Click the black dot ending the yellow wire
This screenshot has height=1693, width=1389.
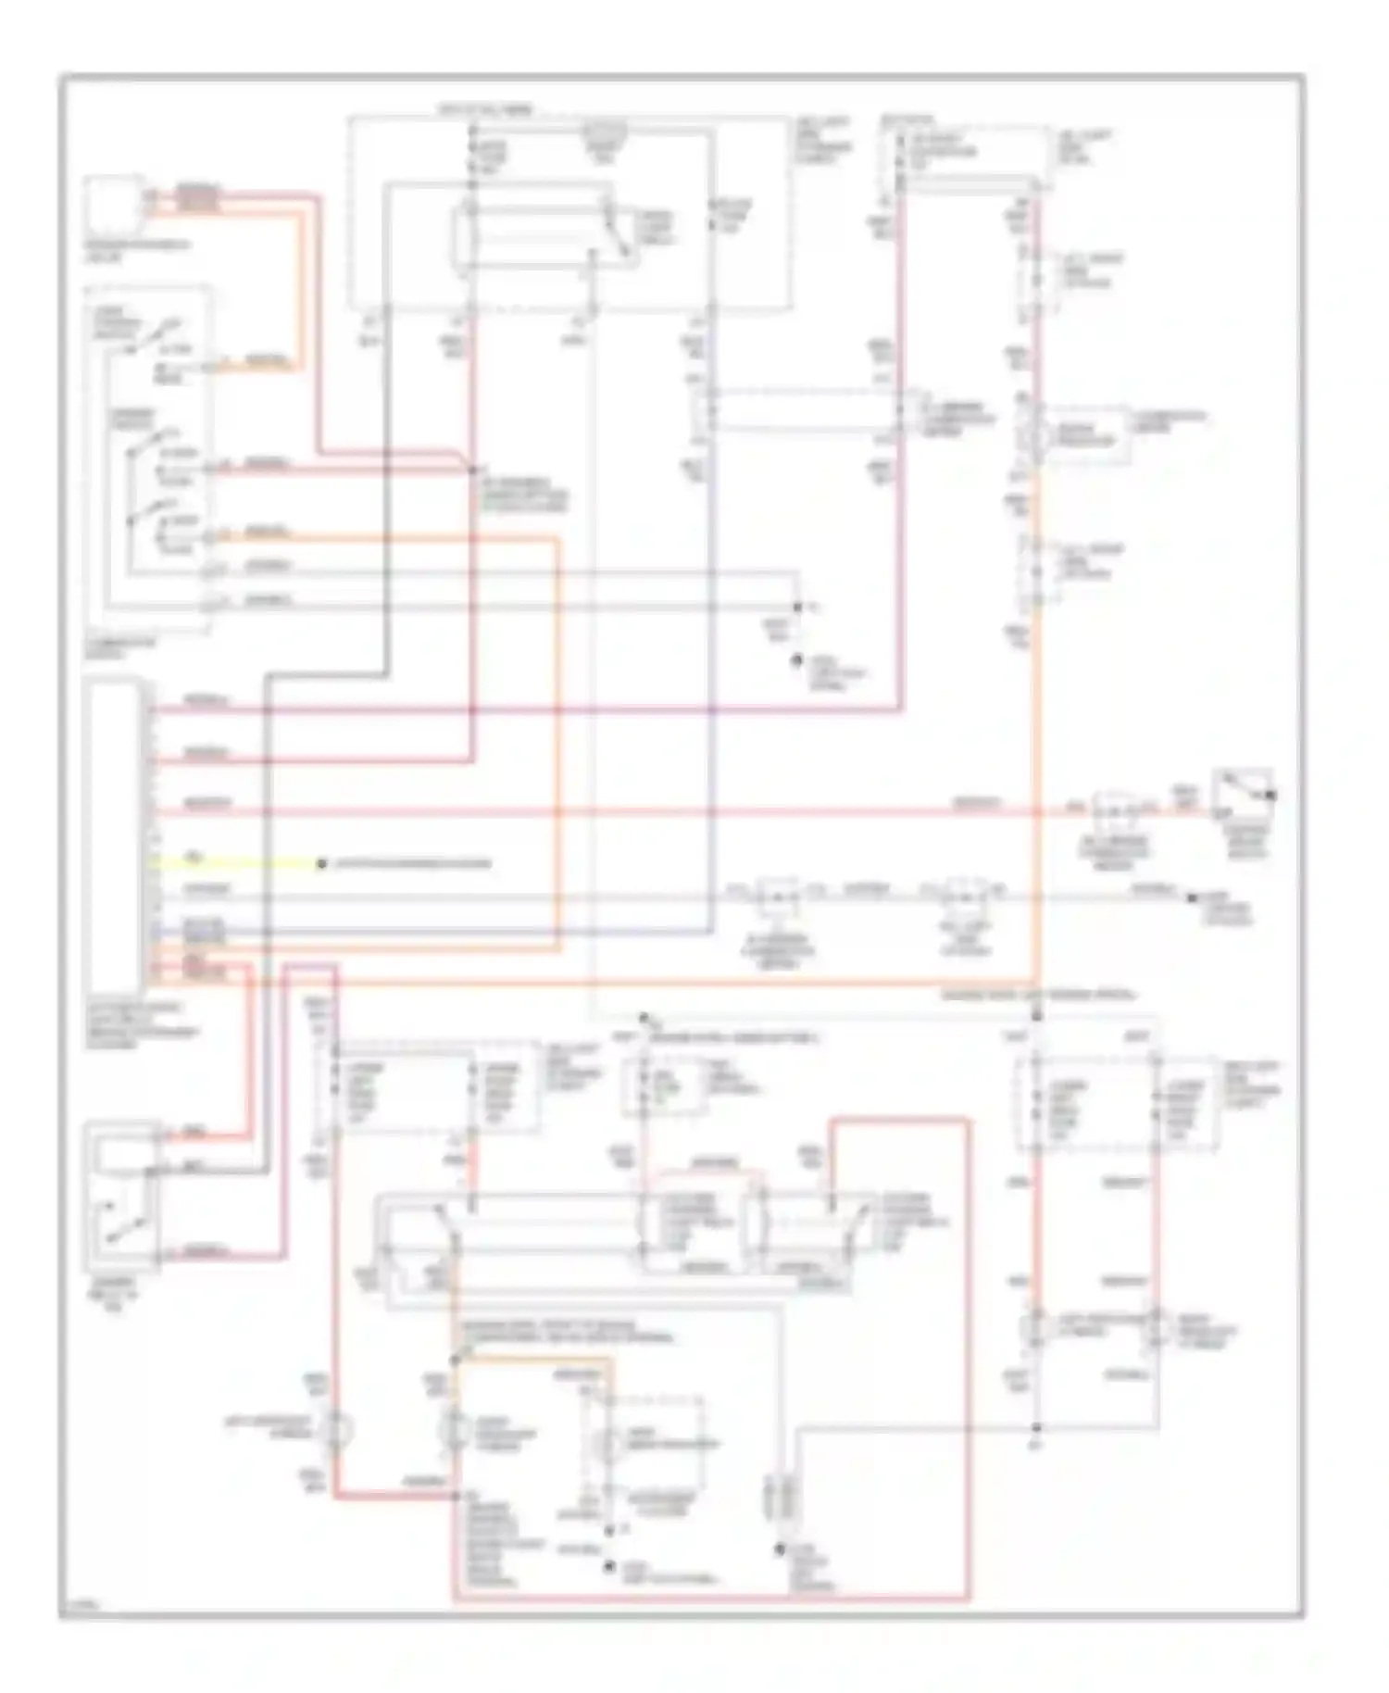(321, 863)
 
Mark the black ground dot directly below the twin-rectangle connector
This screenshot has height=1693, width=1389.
(781, 1548)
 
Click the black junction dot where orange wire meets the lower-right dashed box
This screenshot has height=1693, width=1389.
(1037, 1017)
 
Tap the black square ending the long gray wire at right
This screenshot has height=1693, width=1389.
(1192, 897)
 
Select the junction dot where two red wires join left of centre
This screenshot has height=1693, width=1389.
(472, 470)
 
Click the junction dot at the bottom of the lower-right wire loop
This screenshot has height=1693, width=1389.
(1036, 1427)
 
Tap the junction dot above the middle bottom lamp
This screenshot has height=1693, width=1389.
(456, 1360)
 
